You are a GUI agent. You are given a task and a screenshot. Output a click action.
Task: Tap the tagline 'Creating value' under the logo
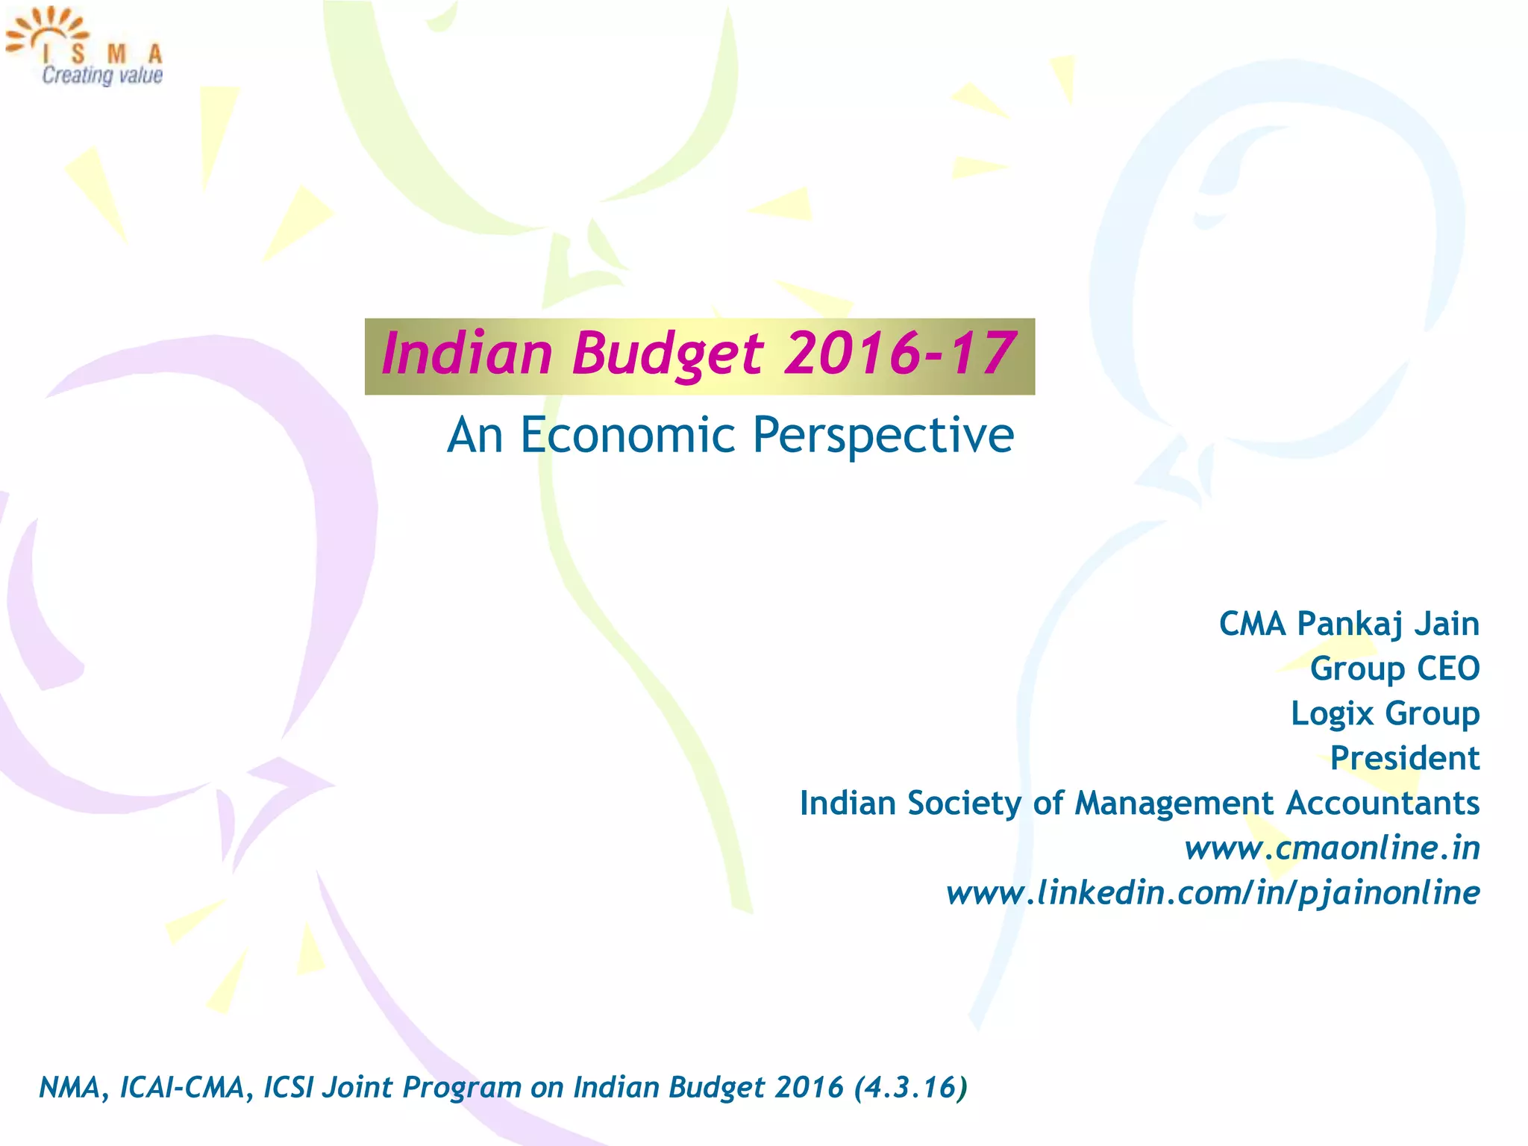coord(102,75)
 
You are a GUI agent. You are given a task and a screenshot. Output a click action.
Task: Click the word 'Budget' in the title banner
coord(668,354)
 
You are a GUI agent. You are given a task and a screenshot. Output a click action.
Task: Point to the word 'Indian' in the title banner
coord(466,354)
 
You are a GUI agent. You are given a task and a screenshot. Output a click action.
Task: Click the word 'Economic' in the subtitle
coord(627,435)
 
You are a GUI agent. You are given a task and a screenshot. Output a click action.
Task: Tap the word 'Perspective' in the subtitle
coord(883,435)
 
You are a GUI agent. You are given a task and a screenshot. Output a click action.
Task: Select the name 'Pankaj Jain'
coord(1388,624)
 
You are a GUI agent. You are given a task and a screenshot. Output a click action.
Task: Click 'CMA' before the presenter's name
coord(1252,624)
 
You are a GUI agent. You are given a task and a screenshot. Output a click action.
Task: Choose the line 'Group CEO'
coord(1394,668)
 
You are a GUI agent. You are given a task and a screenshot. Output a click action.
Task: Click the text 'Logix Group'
coord(1385,713)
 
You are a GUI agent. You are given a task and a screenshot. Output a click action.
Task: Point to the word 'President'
coord(1404,758)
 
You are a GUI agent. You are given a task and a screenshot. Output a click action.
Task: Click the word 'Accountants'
coord(1383,804)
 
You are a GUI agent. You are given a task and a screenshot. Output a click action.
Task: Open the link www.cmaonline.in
coord(1332,848)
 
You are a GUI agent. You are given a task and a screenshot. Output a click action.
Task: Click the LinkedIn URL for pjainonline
coord(1212,893)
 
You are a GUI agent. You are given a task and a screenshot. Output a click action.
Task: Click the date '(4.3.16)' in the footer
coord(910,1088)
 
